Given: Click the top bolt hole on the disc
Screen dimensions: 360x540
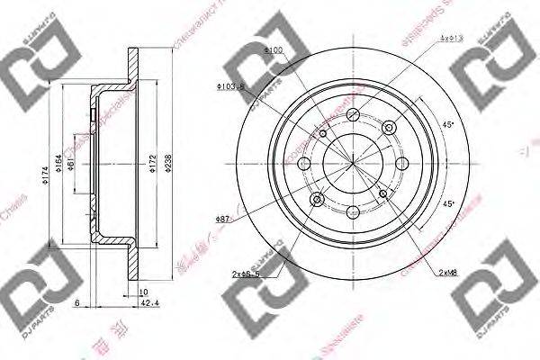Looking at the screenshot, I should (353, 116).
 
